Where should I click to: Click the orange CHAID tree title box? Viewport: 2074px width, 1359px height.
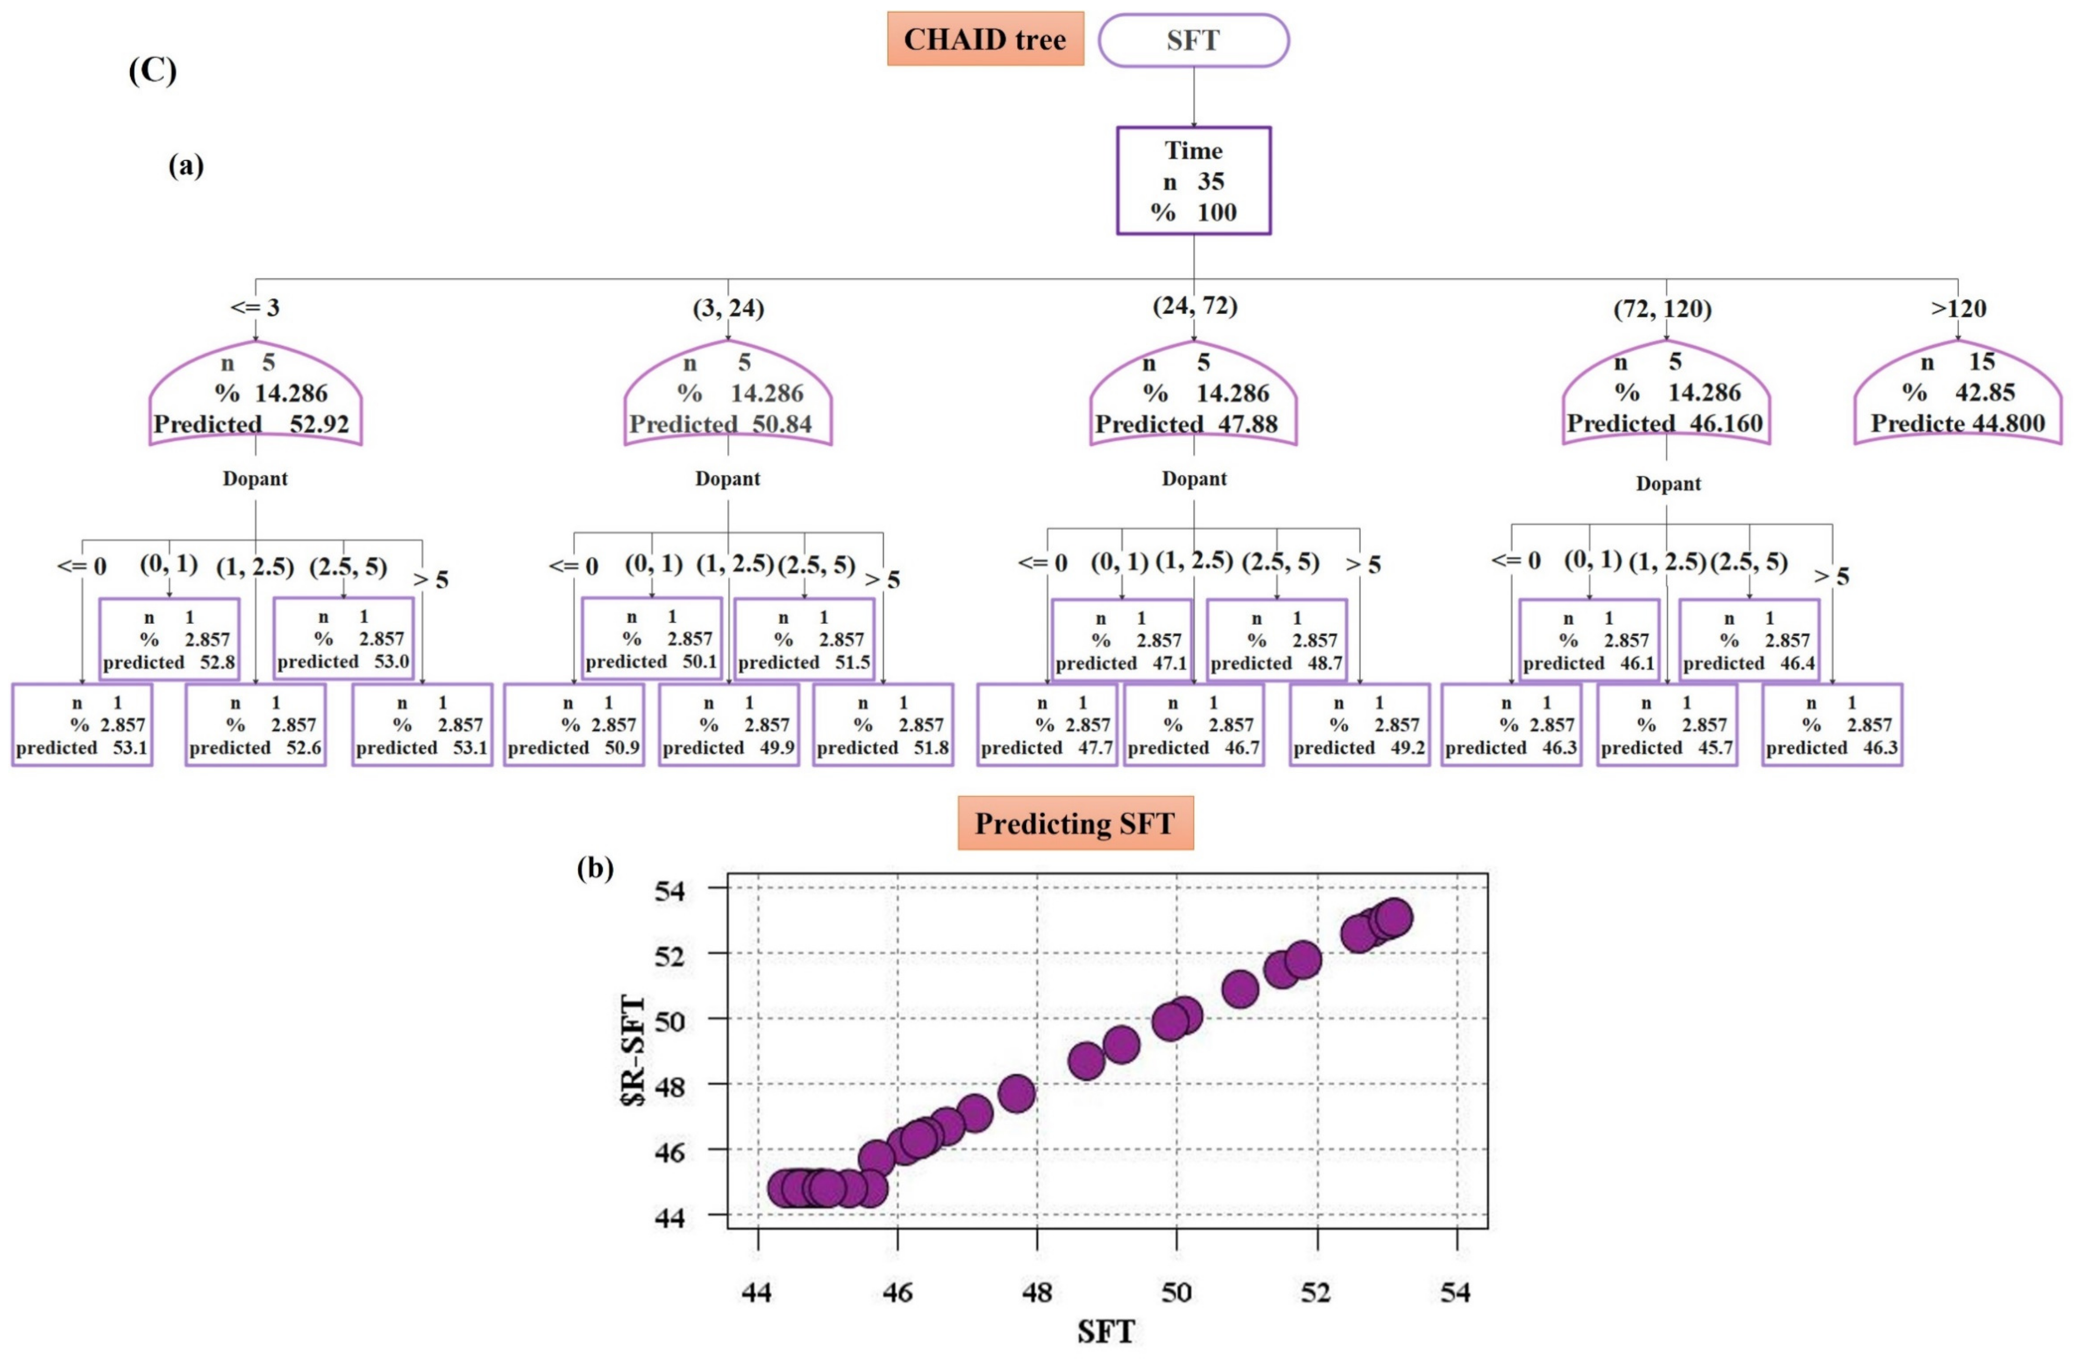[985, 39]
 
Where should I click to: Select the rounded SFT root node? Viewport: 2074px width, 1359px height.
[1193, 40]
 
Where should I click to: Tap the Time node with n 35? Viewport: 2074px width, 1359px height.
[1193, 181]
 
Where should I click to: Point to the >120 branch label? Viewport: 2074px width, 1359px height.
[1958, 309]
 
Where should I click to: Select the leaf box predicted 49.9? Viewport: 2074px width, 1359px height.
[728, 725]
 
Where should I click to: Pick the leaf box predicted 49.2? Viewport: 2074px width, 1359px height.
[1359, 725]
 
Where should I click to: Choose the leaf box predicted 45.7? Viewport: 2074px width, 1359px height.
[1666, 725]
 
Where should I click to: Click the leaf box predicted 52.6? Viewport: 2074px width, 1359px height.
[255, 725]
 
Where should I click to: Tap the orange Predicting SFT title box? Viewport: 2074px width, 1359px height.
[1074, 823]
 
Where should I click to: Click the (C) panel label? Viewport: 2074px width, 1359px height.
[153, 70]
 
